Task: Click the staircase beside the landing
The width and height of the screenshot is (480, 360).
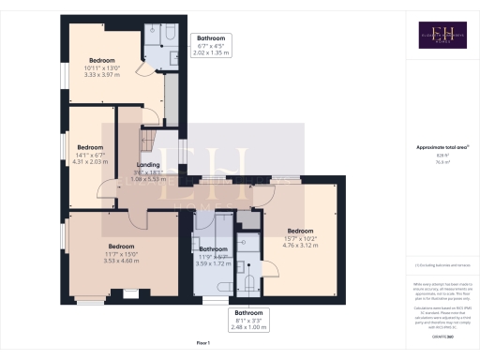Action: point(150,141)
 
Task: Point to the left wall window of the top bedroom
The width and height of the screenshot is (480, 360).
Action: point(64,71)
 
